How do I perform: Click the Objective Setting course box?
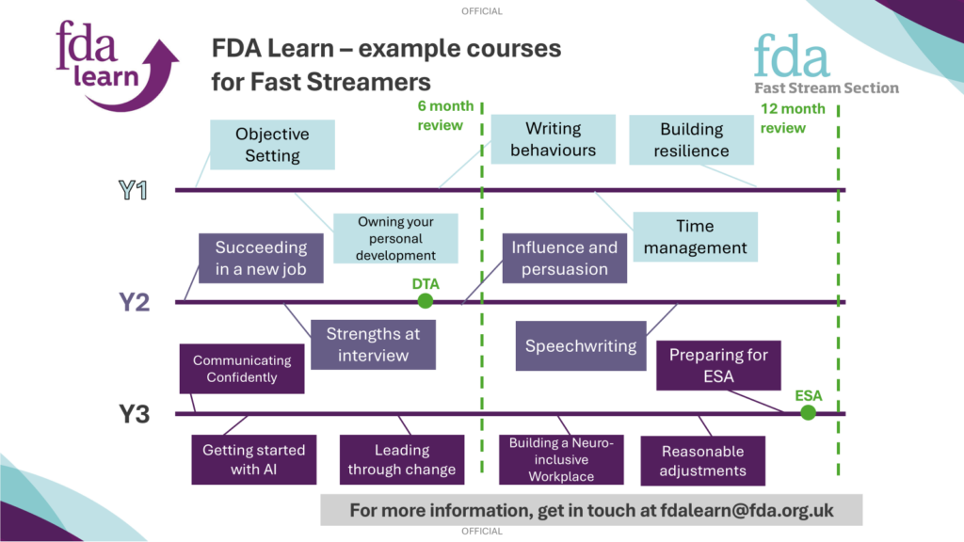click(x=272, y=144)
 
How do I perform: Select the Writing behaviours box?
click(x=554, y=139)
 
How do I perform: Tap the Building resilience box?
click(x=692, y=139)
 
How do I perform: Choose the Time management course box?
click(x=696, y=236)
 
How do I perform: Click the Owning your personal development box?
click(x=396, y=238)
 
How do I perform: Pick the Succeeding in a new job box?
click(x=261, y=258)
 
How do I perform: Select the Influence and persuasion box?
click(x=565, y=258)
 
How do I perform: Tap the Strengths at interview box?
click(x=373, y=344)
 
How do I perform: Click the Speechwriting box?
click(x=581, y=346)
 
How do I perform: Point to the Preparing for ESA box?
click(x=718, y=366)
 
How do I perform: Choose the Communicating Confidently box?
click(x=242, y=369)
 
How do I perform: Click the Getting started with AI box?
click(x=254, y=459)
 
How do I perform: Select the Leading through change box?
click(x=402, y=459)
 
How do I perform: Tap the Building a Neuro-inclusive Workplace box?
click(x=561, y=459)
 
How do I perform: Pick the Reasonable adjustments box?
click(x=702, y=461)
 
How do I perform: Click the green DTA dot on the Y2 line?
click(x=425, y=301)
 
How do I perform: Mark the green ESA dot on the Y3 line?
click(x=808, y=413)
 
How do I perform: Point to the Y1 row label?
click(x=134, y=190)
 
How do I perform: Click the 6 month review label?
click(x=445, y=116)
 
